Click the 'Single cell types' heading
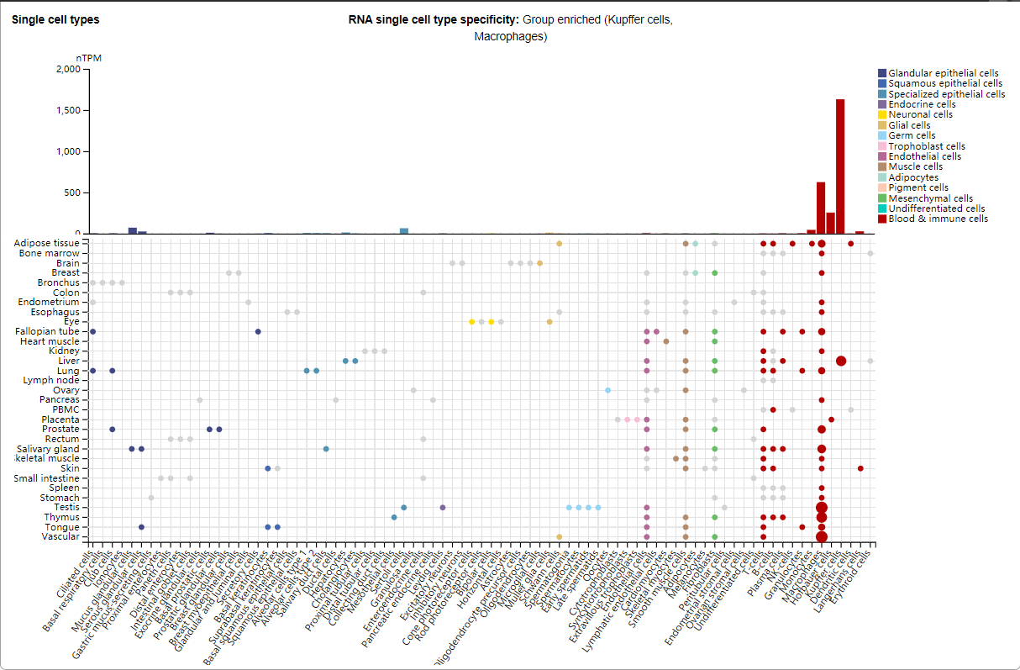pos(55,19)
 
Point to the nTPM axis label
pos(89,58)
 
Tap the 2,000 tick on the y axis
pos(67,70)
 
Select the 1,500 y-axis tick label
pos(67,111)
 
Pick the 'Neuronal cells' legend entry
pos(920,115)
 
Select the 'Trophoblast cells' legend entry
pos(926,146)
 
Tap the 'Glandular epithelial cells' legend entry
pos(943,74)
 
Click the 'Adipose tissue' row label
pos(47,244)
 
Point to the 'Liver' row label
pos(69,361)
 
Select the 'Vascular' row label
pos(61,536)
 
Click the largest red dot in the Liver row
pos(841,361)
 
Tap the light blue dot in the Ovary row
pos(607,390)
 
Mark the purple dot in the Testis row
pos(443,507)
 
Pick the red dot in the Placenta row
pos(831,419)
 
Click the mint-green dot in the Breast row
pos(696,273)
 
